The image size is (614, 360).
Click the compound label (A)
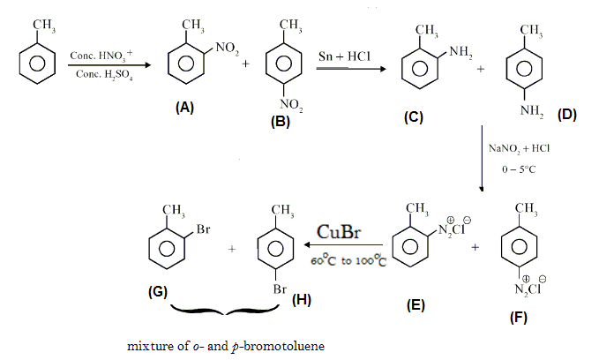184,107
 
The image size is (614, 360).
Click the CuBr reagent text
338,234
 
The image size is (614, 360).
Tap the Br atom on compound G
202,229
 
